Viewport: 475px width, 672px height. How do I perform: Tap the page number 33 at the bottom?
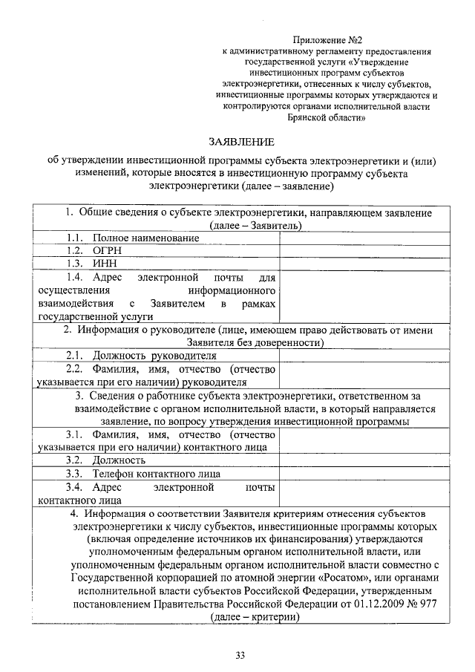tap(240, 654)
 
